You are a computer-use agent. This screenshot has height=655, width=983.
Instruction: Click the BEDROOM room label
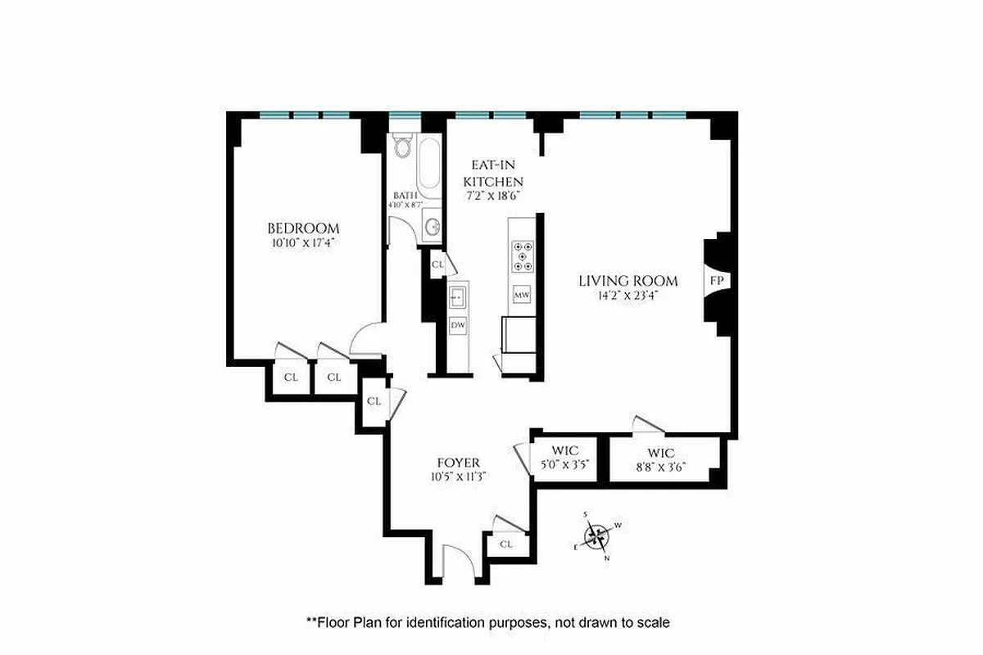click(303, 228)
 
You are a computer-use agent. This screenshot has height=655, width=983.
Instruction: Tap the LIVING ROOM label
click(618, 281)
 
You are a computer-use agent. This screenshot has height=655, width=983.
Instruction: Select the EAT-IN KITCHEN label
click(493, 174)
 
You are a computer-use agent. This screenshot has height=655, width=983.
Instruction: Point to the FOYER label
click(459, 463)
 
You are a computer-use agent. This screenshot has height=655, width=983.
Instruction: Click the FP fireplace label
click(716, 281)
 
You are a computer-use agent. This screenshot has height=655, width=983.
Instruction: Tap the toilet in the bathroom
click(401, 147)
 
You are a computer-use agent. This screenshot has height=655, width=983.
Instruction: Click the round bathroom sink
click(432, 228)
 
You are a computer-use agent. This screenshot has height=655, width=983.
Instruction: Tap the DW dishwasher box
click(457, 326)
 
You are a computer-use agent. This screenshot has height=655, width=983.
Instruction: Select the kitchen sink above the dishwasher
click(457, 295)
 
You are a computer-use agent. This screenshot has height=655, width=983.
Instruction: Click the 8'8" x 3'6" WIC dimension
click(660, 467)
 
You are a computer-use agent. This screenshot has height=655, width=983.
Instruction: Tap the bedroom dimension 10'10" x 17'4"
click(303, 243)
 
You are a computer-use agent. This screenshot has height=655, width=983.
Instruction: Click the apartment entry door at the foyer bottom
click(457, 563)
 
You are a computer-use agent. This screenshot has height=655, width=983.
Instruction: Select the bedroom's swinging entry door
click(367, 340)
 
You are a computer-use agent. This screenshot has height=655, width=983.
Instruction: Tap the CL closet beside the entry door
click(506, 544)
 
